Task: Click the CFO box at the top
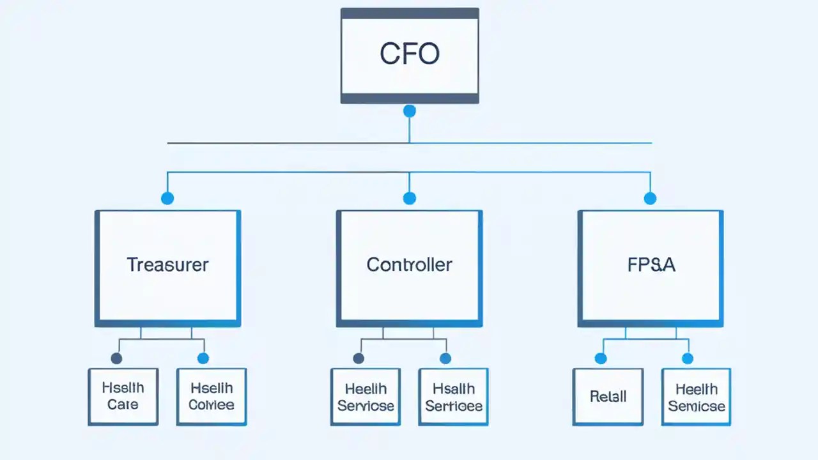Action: point(409,55)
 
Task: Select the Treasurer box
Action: point(167,268)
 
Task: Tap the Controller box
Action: point(409,268)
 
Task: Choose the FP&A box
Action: point(651,268)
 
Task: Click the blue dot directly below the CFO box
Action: point(410,111)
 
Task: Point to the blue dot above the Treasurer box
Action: point(167,198)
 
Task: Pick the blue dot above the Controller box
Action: point(410,198)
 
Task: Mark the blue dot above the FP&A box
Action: point(650,198)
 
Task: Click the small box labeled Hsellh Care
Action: point(123,396)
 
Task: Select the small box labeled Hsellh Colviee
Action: point(212,396)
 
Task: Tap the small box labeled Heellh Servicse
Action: point(366,396)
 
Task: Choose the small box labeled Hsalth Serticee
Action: point(454,396)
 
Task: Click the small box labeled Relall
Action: point(608,396)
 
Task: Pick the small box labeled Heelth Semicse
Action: point(696,396)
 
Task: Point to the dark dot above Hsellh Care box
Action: point(116,358)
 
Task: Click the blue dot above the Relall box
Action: point(601,358)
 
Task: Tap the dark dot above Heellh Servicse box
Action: point(359,358)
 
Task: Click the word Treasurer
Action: point(167,264)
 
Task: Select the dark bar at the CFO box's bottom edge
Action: point(409,98)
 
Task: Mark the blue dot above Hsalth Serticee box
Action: point(445,358)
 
